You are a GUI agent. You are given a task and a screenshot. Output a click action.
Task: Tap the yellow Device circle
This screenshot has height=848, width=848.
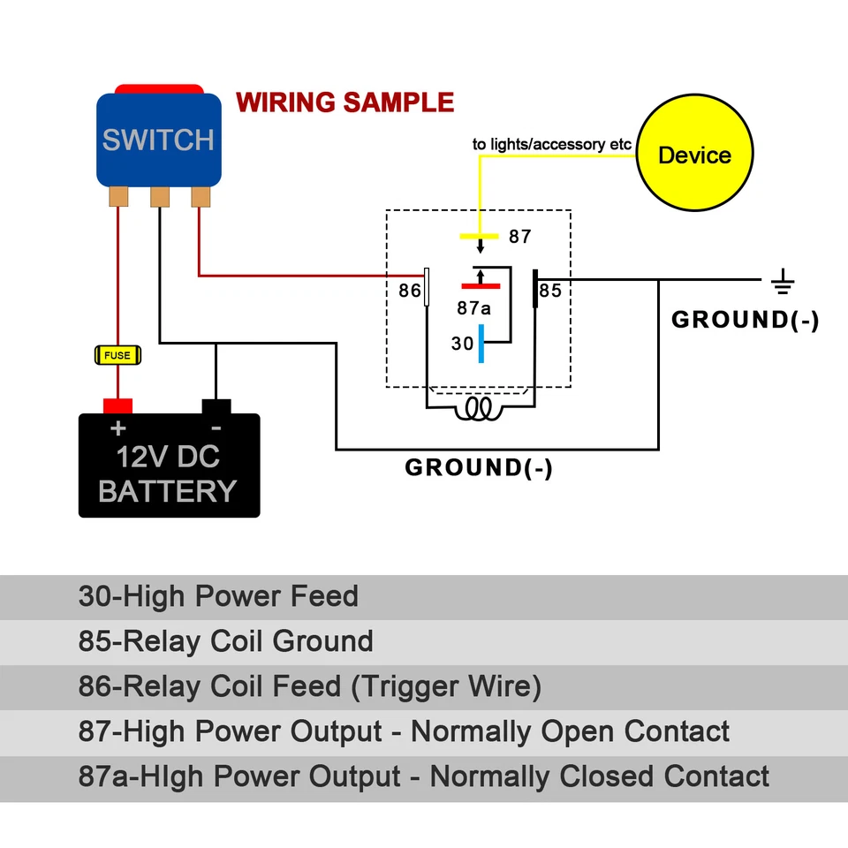695,155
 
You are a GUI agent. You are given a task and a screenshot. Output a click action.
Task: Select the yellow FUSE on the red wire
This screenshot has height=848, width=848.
117,355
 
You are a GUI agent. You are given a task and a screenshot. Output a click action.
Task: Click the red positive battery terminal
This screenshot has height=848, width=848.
117,406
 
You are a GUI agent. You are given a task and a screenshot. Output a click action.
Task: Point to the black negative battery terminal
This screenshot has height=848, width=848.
216,406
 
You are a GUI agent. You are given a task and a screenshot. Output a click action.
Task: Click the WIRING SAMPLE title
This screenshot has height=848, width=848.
344,102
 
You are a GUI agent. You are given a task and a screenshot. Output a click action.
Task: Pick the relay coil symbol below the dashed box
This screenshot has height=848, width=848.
480,407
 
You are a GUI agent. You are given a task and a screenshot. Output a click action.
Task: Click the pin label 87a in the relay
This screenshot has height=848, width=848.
474,308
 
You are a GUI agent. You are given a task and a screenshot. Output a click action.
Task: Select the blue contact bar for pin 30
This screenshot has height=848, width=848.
481,344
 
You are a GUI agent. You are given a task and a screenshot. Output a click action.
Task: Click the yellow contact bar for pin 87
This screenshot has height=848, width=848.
480,237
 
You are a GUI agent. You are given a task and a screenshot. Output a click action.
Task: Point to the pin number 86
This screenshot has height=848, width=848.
409,291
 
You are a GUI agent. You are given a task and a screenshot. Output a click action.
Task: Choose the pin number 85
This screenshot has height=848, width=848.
550,291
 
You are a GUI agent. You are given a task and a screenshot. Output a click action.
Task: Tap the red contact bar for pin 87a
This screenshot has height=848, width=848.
481,286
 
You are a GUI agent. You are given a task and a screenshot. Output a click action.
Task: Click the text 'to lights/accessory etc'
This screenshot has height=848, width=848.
551,144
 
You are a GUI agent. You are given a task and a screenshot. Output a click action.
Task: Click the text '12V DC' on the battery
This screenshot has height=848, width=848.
168,458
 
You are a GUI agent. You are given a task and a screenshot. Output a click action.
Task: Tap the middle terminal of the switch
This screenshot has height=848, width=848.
159,195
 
